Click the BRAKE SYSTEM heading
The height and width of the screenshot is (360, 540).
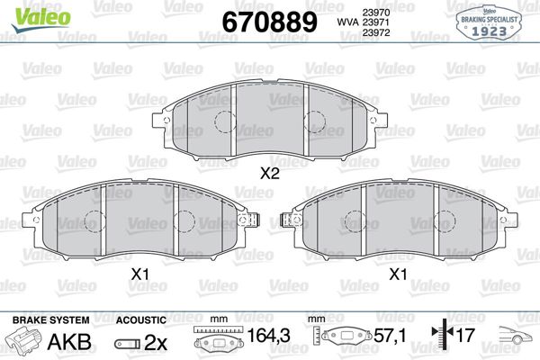pos(49,320)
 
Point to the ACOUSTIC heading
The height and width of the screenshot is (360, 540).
pos(140,320)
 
